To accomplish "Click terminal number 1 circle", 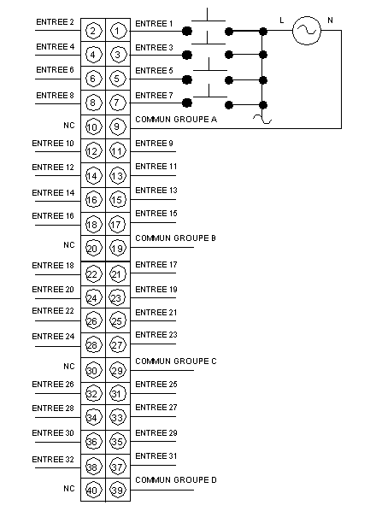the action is coord(118,31).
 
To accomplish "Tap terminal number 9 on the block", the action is coord(118,127).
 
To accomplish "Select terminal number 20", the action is coord(93,248).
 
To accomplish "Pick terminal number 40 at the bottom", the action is coord(93,490).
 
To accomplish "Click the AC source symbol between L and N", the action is coord(307,30).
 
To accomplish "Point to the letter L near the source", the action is coord(281,21).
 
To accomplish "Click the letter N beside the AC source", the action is coord(330,21).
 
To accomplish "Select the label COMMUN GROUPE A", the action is coord(176,120).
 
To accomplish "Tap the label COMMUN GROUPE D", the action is coord(176,480).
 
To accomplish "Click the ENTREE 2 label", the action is coord(55,22).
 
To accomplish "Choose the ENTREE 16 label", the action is coord(53,216).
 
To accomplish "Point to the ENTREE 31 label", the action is coord(156,456).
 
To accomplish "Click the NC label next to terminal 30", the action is coord(69,367).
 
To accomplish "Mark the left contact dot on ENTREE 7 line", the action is coord(187,103).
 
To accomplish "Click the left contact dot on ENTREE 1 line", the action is coord(187,31).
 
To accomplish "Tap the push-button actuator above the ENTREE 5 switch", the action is coord(209,68).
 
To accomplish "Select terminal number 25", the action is coord(118,320).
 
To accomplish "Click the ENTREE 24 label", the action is coord(53,337).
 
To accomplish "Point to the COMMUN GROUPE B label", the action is coord(175,238).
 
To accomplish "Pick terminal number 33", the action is coord(118,417).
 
